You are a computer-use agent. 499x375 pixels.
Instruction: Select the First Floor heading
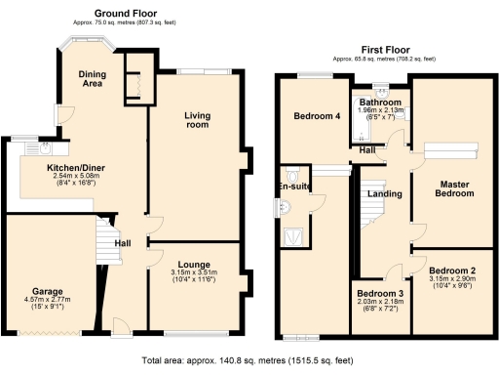383,50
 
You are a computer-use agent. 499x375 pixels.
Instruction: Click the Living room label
198,120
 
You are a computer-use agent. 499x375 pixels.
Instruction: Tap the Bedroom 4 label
317,117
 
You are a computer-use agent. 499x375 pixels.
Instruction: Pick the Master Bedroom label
453,188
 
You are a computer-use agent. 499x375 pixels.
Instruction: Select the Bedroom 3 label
379,294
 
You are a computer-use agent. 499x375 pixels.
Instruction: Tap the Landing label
383,193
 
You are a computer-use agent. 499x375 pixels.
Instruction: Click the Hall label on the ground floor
125,243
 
